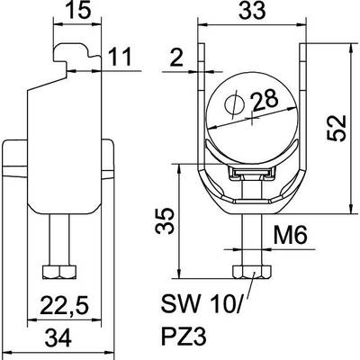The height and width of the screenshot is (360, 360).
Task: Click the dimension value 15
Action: tap(77, 11)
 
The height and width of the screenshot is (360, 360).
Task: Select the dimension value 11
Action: tap(120, 57)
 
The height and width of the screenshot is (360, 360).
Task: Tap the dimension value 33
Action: tap(252, 10)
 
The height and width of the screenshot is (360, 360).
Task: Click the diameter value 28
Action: tap(265, 101)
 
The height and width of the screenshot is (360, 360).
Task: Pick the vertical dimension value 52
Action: tap(337, 127)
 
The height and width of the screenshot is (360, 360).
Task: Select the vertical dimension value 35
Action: tap(165, 220)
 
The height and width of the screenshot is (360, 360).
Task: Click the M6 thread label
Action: tap(291, 235)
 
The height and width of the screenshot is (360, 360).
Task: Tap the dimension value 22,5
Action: tap(65, 307)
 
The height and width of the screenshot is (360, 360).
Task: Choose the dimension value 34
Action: tap(58, 337)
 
